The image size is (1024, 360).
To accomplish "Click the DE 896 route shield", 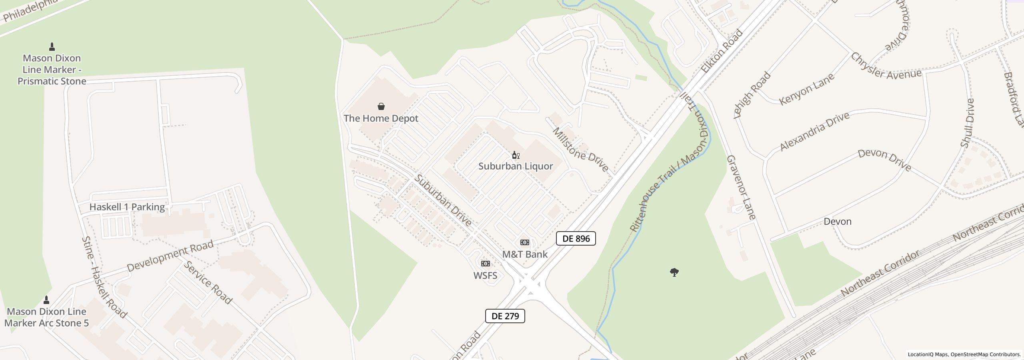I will coord(576,239).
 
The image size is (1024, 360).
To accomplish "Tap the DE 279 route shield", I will coord(505,316).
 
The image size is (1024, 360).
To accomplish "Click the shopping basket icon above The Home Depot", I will coord(381,106).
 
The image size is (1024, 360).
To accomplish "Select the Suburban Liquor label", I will coord(516,166).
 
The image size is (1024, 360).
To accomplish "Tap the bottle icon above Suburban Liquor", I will coord(516,155).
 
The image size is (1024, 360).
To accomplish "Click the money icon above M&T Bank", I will coord(524,242).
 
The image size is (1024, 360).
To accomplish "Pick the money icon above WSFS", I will coord(485,264).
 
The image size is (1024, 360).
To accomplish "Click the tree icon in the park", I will coord(674,273).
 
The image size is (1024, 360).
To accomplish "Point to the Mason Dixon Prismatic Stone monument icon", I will coord(52,47).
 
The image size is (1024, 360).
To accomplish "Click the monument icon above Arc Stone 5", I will coord(46,300).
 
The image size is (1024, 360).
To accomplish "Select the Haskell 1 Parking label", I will coord(127,207).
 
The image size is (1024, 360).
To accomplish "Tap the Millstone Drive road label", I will coord(580,150).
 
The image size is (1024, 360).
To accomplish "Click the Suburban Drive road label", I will coord(443,200).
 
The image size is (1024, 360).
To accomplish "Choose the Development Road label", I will coord(170,256).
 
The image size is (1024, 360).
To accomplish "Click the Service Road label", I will coord(208,282).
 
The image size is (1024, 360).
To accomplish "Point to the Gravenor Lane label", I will coord(741,187).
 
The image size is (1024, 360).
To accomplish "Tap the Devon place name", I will coord(837,222).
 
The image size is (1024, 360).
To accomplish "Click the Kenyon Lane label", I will coord(807,89).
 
